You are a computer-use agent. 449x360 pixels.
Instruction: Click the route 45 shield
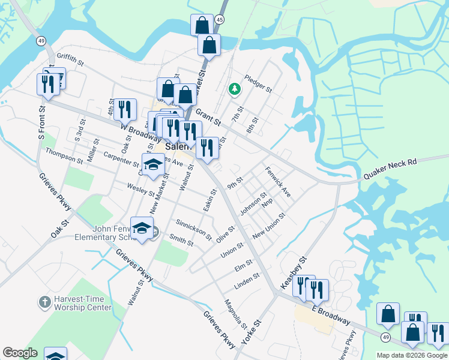220,20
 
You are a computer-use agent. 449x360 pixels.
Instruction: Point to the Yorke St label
252,331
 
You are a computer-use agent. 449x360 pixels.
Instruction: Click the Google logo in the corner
20,353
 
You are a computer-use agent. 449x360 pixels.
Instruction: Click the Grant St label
208,116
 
